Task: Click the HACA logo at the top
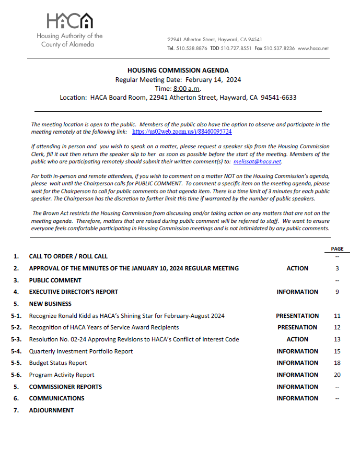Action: pyautogui.click(x=69, y=21)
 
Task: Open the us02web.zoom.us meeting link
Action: pyautogui.click(x=182, y=132)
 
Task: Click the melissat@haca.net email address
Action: pyautogui.click(x=258, y=162)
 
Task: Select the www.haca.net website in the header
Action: pyautogui.click(x=313, y=48)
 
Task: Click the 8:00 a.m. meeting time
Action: pyautogui.click(x=187, y=89)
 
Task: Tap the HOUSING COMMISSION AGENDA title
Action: pyautogui.click(x=178, y=70)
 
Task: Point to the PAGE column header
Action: pyautogui.click(x=337, y=249)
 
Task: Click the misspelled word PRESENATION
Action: pyautogui.click(x=297, y=327)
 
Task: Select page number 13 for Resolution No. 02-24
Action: pyautogui.click(x=337, y=339)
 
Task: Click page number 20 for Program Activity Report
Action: pyautogui.click(x=337, y=375)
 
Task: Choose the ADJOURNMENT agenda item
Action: pyautogui.click(x=51, y=410)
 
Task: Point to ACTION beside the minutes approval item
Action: pyautogui.click(x=297, y=268)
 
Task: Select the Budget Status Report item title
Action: pyautogui.click(x=58, y=363)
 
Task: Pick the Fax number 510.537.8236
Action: pyautogui.click(x=280, y=48)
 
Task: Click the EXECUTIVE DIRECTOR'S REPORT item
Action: pyautogui.click(x=74, y=292)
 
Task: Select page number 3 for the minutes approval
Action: pyautogui.click(x=337, y=268)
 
